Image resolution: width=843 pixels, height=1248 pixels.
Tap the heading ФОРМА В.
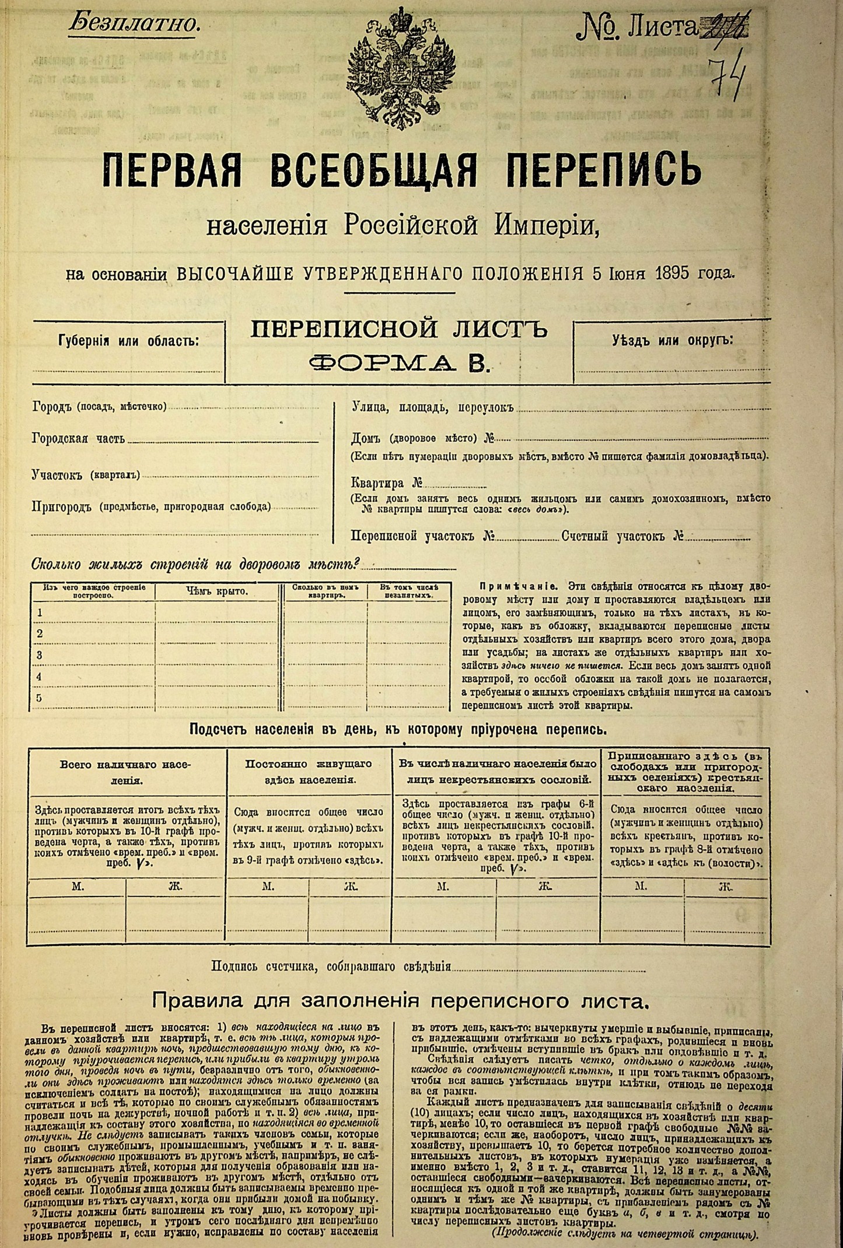[x=399, y=363]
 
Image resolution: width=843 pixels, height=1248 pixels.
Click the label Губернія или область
[x=129, y=340]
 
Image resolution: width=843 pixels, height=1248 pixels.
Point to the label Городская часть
[x=78, y=438]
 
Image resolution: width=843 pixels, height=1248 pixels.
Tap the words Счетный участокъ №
[x=622, y=536]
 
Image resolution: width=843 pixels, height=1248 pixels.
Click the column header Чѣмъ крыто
[x=217, y=592]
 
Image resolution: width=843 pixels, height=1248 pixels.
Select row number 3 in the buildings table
[x=40, y=655]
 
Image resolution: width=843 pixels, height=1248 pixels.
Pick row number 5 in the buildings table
[x=40, y=698]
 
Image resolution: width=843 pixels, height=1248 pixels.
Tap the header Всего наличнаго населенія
[x=126, y=772]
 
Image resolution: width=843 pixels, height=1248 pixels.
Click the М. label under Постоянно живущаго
[x=268, y=887]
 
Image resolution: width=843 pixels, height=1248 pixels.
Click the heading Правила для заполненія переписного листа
[x=400, y=1001]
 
